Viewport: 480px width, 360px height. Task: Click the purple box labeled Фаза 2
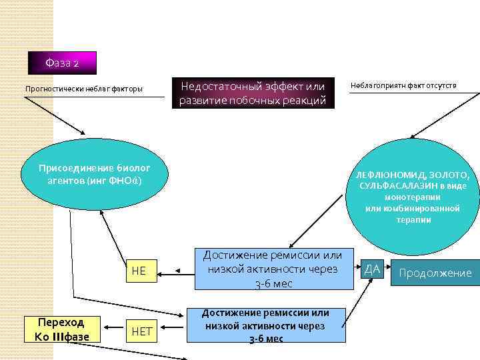tap(63, 63)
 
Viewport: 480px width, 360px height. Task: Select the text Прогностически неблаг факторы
tap(83, 89)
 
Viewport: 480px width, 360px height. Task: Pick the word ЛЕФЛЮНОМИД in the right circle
tap(390, 175)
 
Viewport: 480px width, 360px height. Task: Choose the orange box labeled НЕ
tap(139, 271)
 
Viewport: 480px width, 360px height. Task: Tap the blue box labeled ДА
tap(372, 269)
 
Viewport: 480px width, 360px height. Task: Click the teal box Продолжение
tap(435, 273)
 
